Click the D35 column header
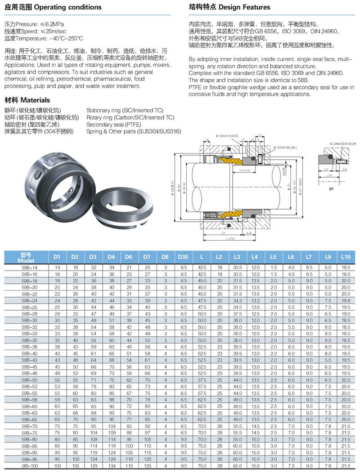[183, 257]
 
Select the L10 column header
[345, 257]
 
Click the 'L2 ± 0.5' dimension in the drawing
[245, 171]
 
